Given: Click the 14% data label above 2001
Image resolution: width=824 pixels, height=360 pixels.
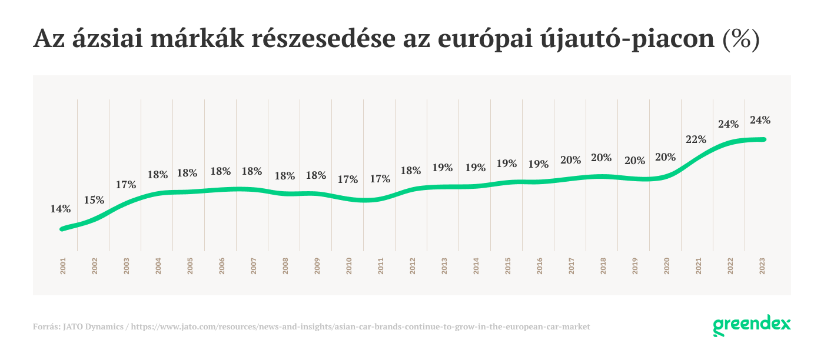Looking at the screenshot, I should pyautogui.click(x=61, y=209).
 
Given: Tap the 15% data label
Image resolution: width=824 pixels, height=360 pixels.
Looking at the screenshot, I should pyautogui.click(x=94, y=200).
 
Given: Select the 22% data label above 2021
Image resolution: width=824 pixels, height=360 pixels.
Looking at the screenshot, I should pyautogui.click(x=696, y=139).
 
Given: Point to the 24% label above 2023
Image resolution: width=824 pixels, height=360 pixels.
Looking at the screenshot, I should pyautogui.click(x=760, y=120).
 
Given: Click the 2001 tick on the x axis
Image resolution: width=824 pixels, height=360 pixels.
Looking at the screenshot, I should pyautogui.click(x=62, y=266).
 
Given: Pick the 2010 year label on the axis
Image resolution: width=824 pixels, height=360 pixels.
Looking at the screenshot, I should pyautogui.click(x=348, y=266).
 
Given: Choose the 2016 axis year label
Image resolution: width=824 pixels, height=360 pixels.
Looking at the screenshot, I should pyautogui.click(x=539, y=266).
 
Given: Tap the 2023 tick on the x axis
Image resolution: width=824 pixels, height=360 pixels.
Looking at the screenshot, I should pyautogui.click(x=762, y=266).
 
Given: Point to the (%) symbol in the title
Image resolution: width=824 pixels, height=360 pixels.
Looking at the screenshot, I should pyautogui.click(x=741, y=39).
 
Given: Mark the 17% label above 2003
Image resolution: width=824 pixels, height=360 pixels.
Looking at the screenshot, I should pyautogui.click(x=126, y=185).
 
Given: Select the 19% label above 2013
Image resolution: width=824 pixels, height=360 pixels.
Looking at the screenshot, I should pyautogui.click(x=442, y=168).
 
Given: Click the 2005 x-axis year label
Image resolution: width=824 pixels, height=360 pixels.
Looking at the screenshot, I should pyautogui.click(x=190, y=266).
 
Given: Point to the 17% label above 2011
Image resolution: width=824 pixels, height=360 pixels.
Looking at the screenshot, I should pyautogui.click(x=380, y=179).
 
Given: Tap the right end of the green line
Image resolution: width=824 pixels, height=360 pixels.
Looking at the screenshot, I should pyautogui.click(x=763, y=139).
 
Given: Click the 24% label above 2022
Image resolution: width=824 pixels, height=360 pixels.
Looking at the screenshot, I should pyautogui.click(x=728, y=124).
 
